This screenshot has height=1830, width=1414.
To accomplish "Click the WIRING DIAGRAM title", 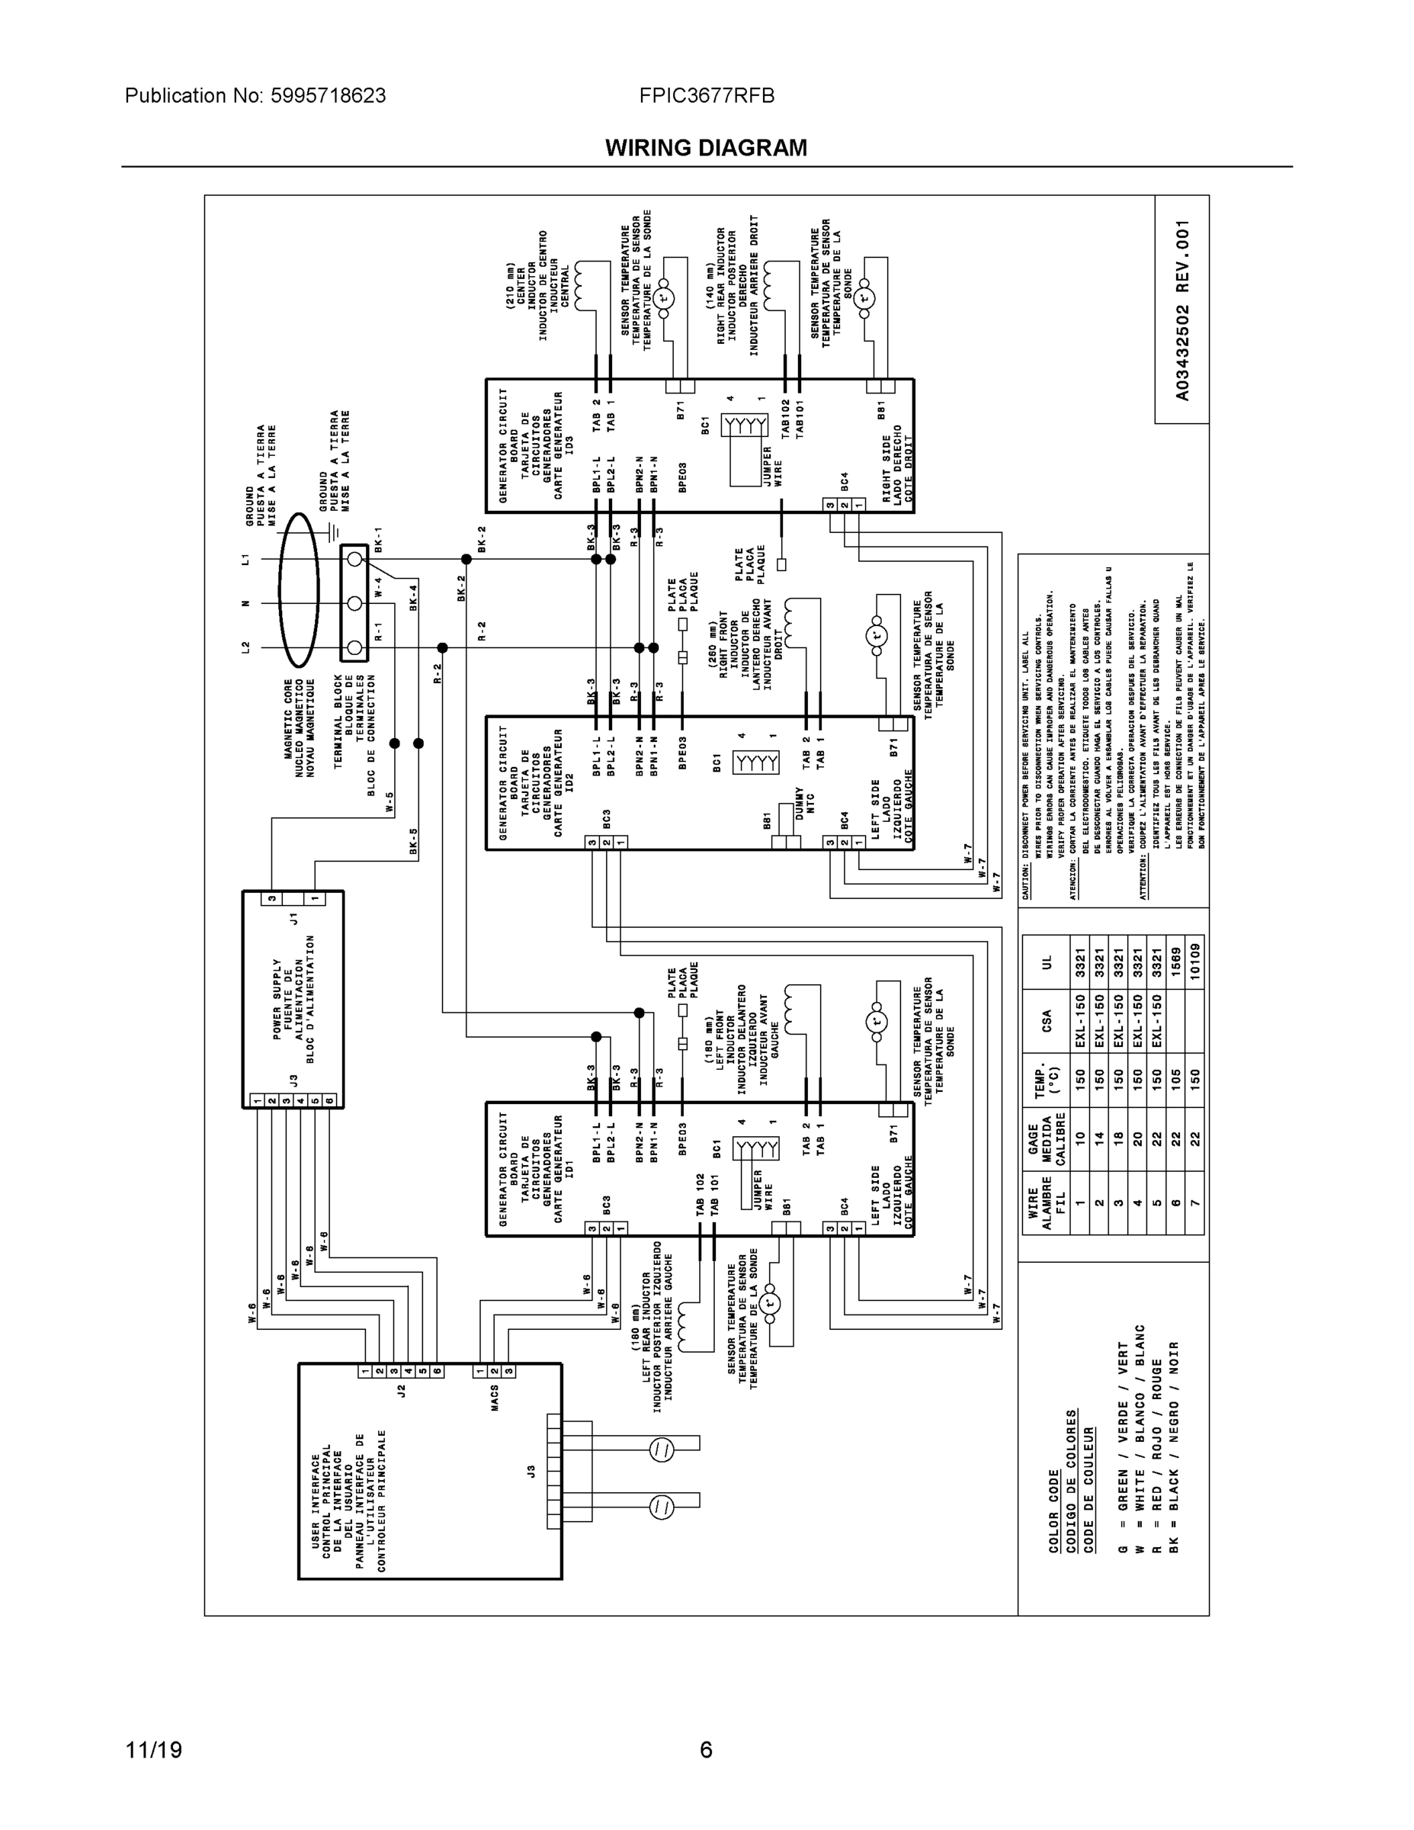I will coord(706,149).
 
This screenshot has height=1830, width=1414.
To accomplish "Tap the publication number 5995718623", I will coord(328,96).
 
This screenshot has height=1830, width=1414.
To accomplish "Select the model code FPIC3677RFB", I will coord(706,96).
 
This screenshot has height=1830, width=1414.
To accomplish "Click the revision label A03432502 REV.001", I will coord(1182,310).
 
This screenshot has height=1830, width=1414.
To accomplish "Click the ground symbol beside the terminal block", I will coord(335,531).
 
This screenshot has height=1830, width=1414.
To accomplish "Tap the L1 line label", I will coord(246,559).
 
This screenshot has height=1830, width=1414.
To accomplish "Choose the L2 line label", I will coord(246,647).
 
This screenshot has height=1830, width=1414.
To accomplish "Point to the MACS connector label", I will coord(495,1398).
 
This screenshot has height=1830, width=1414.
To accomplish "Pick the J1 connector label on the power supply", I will coord(293,918).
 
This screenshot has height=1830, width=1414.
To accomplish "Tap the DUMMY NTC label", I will coord(804,802).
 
